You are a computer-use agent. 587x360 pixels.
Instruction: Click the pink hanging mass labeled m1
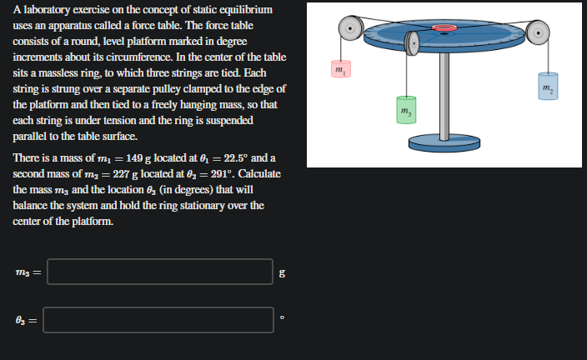point(340,68)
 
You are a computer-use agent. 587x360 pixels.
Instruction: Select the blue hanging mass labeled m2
point(546,89)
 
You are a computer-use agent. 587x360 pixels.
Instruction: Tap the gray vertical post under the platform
point(444,96)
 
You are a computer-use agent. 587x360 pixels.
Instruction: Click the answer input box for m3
point(159,271)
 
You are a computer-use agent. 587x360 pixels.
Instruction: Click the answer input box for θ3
point(159,319)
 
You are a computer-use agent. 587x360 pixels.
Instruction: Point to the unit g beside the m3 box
point(283,272)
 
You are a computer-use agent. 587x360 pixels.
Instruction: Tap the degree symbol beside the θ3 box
point(283,317)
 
